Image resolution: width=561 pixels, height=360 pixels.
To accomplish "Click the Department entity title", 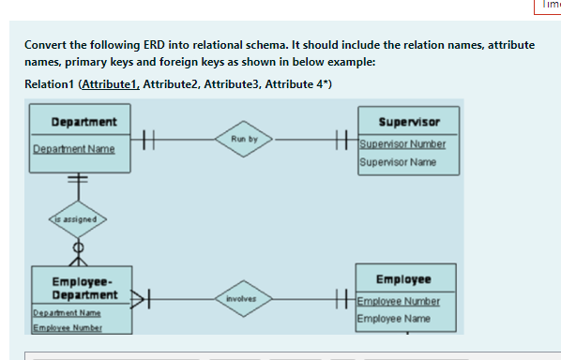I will coord(83,122).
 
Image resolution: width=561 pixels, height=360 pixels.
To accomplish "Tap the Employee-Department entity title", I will coord(83,288).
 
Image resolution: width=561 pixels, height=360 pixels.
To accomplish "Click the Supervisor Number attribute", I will coord(402,143).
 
